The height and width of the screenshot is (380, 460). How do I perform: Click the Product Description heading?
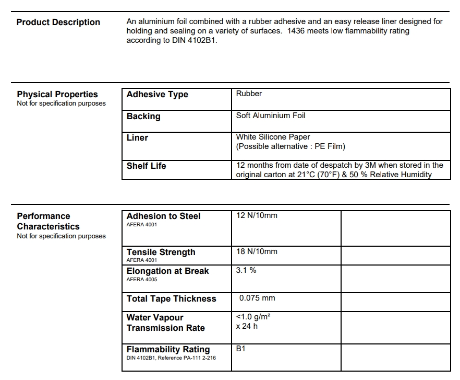point(58,22)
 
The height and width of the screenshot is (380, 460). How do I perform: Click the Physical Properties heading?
point(57,94)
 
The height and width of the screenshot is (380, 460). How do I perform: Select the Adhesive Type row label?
point(157,95)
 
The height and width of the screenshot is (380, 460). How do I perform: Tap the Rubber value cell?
point(249,94)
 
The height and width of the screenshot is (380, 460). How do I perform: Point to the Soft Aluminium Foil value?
point(271,116)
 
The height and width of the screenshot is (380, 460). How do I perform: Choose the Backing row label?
point(143,116)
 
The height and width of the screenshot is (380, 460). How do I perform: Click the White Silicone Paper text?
point(273,137)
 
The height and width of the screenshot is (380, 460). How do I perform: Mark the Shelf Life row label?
point(146,166)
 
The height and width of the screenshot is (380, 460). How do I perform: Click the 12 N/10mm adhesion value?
point(257,215)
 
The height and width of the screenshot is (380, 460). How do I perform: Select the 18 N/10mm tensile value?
point(257,251)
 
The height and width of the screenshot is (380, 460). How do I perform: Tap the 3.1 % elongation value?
point(246,270)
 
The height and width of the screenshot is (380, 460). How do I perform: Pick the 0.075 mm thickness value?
point(257,298)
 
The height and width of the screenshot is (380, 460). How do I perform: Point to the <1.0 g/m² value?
point(253,317)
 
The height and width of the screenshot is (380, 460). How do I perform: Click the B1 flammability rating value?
point(241,349)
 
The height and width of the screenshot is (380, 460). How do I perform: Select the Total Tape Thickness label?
point(171,299)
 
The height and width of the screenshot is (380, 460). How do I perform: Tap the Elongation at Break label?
point(167,271)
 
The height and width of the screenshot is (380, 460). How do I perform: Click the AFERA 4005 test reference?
point(141,280)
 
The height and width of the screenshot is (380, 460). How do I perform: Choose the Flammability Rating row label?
point(168,349)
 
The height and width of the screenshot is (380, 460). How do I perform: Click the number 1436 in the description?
point(296,31)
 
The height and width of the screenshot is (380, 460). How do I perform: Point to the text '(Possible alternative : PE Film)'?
point(290,146)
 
